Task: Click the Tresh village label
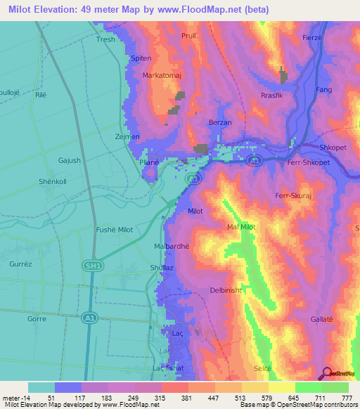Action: click(x=105, y=40)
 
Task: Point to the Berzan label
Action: click(x=221, y=122)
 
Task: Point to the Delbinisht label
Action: click(x=226, y=290)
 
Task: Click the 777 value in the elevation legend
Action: click(x=345, y=398)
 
